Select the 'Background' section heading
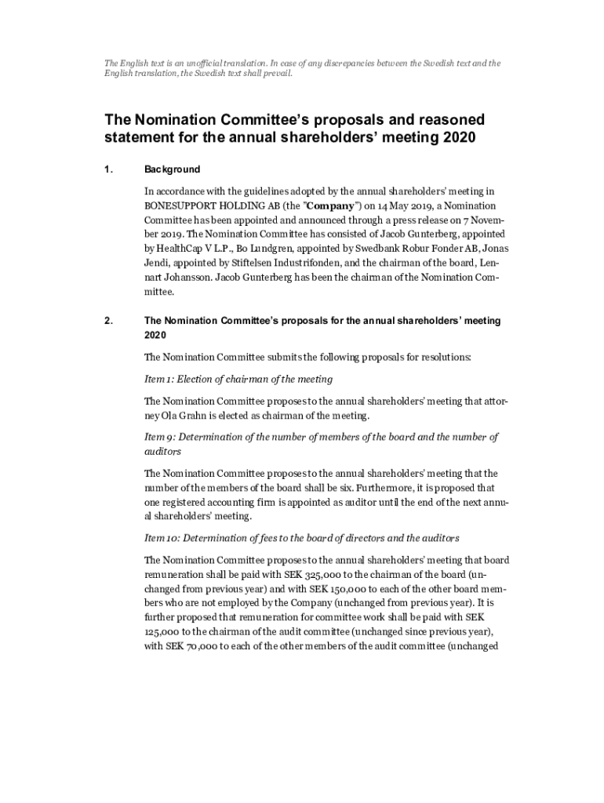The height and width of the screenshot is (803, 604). click(173, 169)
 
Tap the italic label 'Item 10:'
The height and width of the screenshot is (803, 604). click(164, 539)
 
